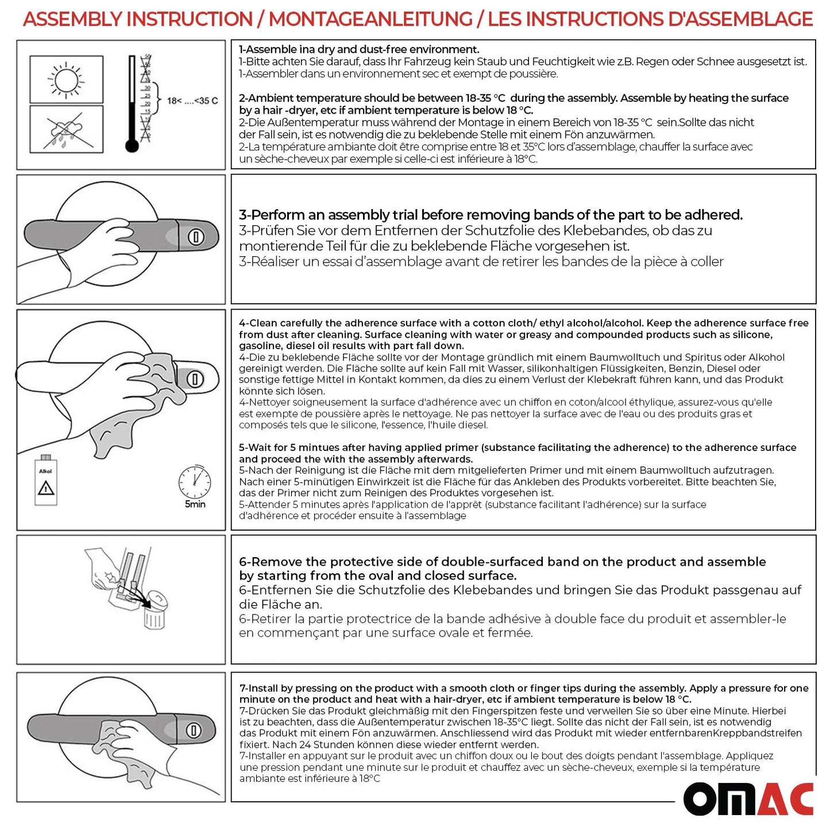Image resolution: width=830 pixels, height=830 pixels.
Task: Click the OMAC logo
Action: coord(748,799)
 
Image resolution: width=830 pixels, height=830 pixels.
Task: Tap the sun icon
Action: coord(66,79)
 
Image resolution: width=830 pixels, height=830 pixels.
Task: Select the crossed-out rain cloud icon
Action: coord(66,129)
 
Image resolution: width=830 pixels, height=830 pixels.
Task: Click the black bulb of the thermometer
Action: coord(132,146)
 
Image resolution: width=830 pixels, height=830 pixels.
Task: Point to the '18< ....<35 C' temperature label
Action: coord(192,101)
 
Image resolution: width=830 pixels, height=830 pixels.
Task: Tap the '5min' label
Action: coord(195,504)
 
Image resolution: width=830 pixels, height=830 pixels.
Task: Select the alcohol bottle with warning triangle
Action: coord(45,480)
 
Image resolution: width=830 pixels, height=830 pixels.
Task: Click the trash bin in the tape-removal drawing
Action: coord(154,616)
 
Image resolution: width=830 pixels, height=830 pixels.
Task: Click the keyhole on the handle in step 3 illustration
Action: coord(196,237)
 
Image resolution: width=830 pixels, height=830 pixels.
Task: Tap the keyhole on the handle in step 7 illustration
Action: coord(194,730)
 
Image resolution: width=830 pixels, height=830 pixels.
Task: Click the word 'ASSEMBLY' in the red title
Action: coord(73,19)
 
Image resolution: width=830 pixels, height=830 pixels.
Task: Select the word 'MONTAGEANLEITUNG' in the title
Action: coord(370,19)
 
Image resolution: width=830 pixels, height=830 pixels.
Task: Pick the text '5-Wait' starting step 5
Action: coord(256,447)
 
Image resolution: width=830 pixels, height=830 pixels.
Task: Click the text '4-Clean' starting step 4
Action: coord(259,323)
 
